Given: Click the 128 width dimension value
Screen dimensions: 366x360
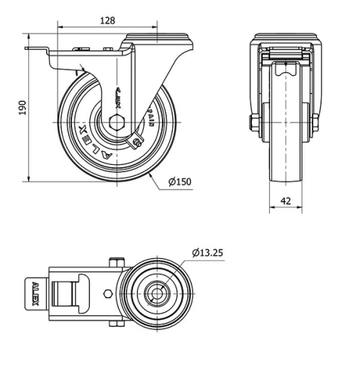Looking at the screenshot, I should click(x=107, y=21).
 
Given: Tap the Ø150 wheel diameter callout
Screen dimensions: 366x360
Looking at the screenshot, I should click(x=180, y=182).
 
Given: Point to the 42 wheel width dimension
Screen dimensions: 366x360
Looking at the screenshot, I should click(x=286, y=201).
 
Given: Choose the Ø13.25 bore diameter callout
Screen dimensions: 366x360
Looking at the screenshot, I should click(x=209, y=252).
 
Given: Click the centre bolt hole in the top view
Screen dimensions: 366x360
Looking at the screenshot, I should click(x=154, y=293).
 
